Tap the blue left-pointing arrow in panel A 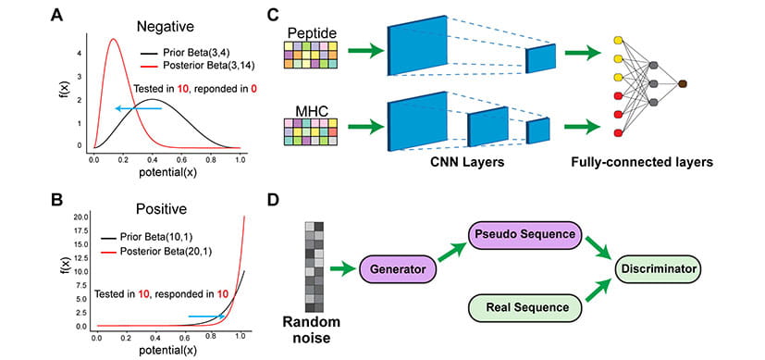point(138,108)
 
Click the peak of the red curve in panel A point(113,40)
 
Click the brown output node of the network point(683,84)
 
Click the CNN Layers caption point(471,161)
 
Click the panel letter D point(298,201)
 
